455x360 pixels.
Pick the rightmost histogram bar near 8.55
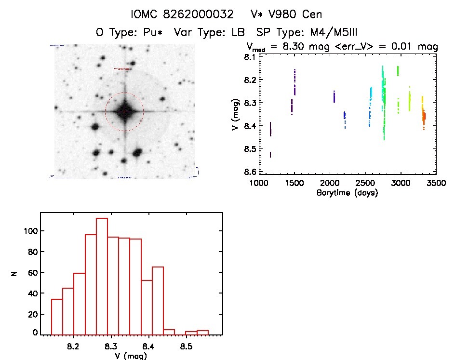click(202, 332)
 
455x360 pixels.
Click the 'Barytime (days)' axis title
click(347, 193)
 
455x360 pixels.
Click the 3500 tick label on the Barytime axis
click(436, 183)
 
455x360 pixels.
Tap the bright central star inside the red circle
click(124, 111)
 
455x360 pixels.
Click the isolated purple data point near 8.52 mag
click(270, 154)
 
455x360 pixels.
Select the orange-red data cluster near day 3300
click(424, 117)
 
